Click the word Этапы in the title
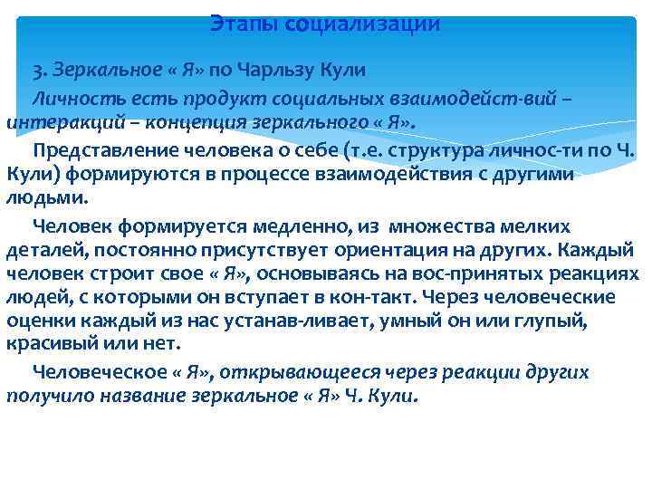tap(244, 24)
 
